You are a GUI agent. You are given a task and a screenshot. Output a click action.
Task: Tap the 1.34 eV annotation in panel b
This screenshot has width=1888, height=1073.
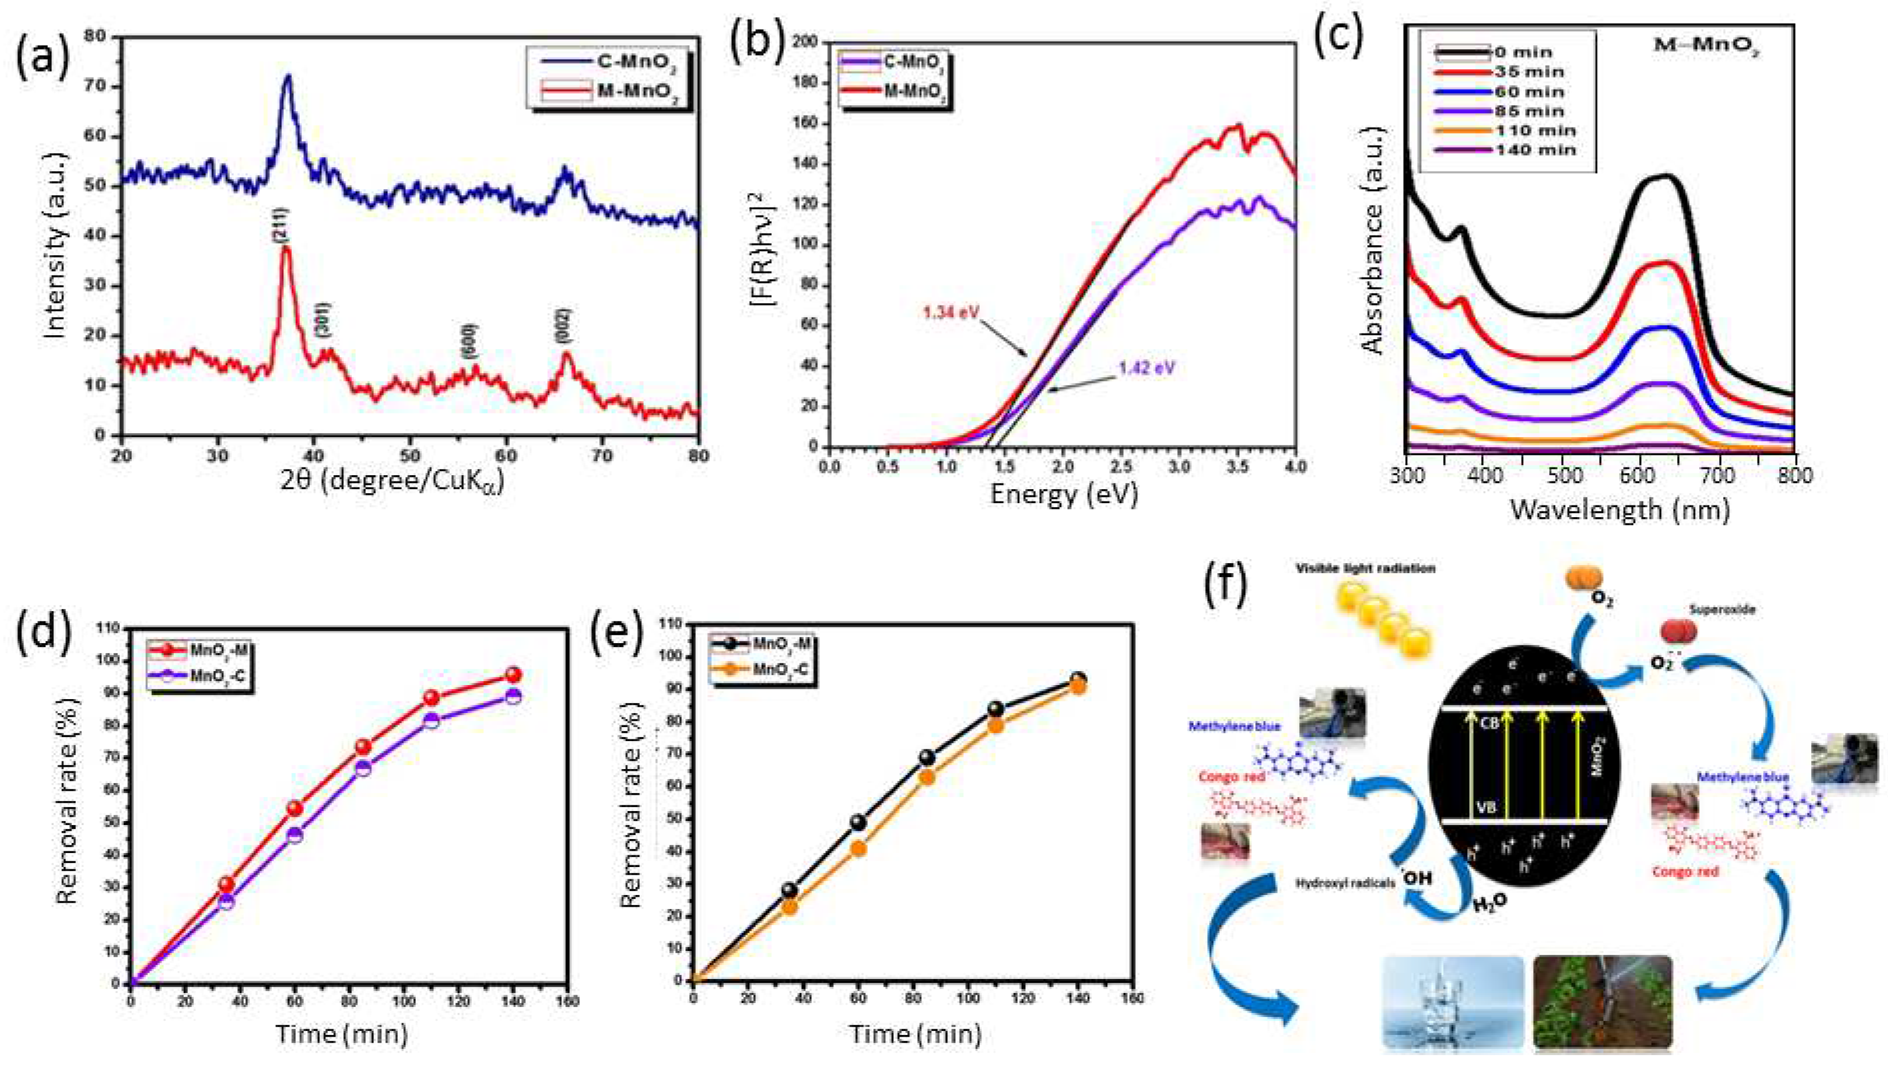pyautogui.click(x=951, y=313)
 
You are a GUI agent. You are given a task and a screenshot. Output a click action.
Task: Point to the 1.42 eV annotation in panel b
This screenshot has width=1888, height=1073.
pyautogui.click(x=1146, y=368)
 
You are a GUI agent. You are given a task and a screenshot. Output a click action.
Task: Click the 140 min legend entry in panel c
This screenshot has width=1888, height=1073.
pyautogui.click(x=1534, y=149)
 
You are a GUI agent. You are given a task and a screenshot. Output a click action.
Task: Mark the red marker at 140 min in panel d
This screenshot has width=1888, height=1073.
pyautogui.click(x=514, y=675)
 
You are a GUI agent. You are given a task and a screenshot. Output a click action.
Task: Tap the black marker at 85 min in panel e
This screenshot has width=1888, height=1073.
pyautogui.click(x=927, y=757)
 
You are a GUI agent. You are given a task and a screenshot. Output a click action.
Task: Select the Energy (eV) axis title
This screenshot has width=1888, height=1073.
pyautogui.click(x=1063, y=494)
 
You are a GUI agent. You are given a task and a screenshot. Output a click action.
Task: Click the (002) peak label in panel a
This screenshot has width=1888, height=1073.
pyautogui.click(x=564, y=325)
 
